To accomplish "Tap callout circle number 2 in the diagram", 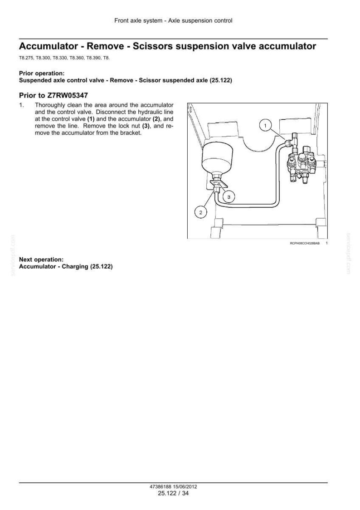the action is pos(200,213).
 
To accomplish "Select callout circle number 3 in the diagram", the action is pos(229,197).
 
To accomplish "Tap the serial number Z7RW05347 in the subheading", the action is pos(67,96).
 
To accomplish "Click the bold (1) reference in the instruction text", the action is pos(91,119).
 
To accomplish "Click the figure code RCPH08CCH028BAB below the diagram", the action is pos(304,243).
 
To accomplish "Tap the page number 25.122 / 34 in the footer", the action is pos(173,493).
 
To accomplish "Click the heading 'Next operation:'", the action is pos(41,260).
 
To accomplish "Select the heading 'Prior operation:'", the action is pos(42,74).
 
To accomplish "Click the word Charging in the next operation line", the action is pos(75,267).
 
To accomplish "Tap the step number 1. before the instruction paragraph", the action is pos(21,105).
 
